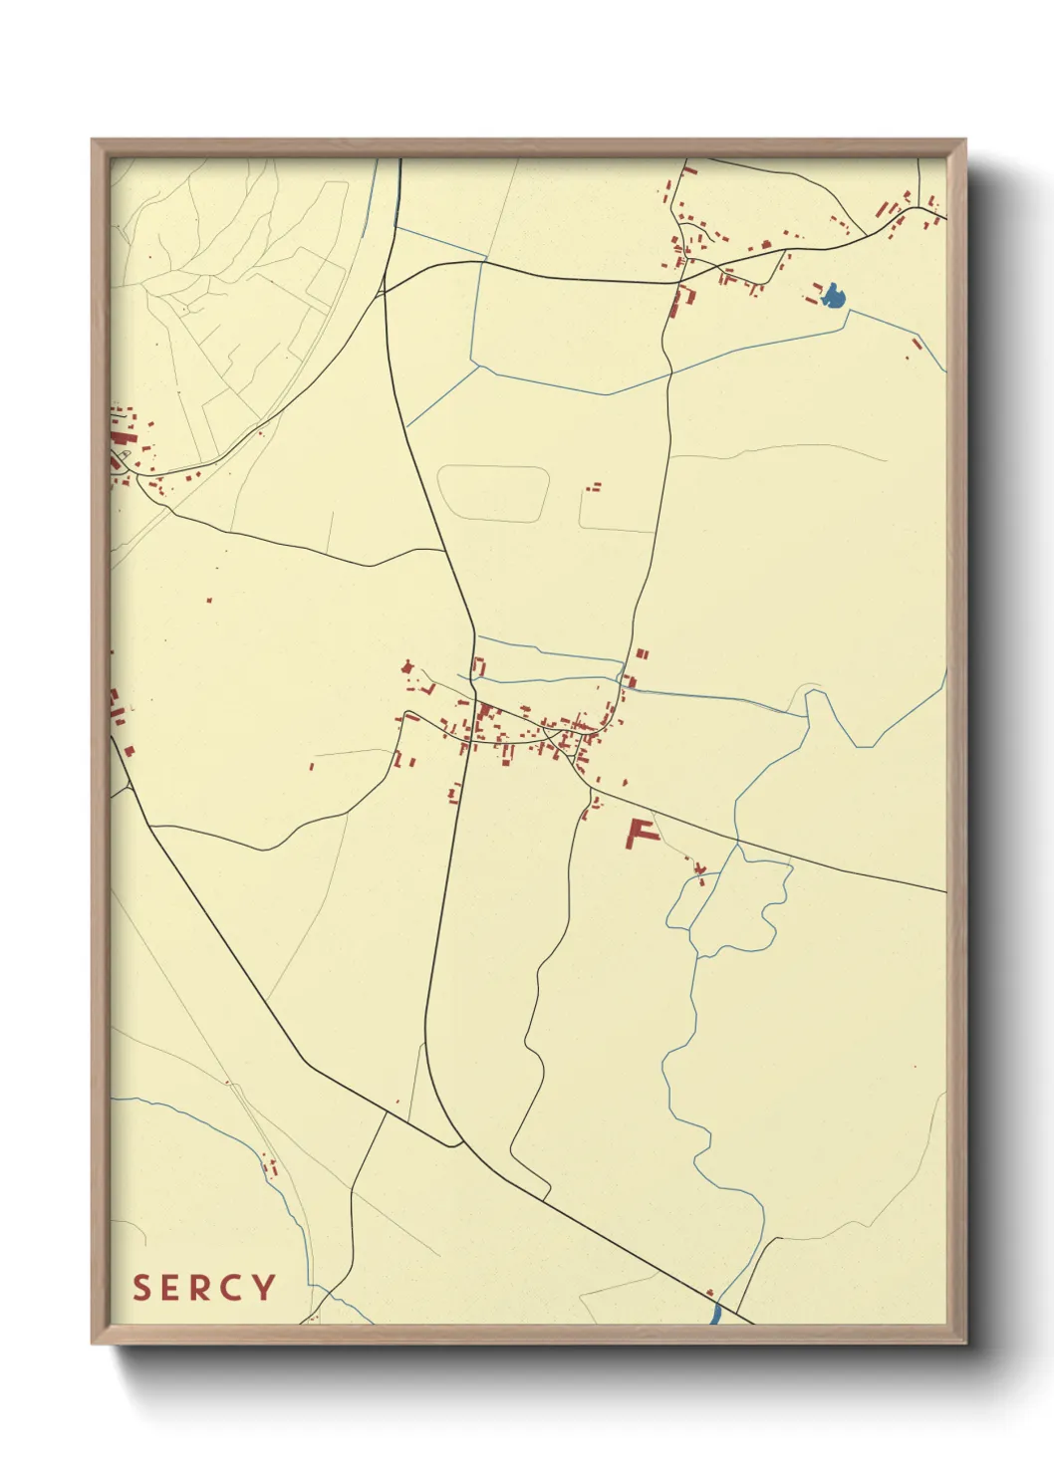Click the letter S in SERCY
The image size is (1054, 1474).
coord(142,1287)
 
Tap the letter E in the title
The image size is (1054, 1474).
coord(172,1287)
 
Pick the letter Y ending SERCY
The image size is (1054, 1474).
coord(264,1287)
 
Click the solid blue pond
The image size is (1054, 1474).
coord(833,295)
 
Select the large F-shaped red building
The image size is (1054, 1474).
coord(639,833)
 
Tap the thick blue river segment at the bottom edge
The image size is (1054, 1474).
coord(715,1313)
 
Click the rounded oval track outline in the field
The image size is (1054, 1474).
coord(493,493)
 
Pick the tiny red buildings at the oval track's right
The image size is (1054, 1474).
coord(594,488)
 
